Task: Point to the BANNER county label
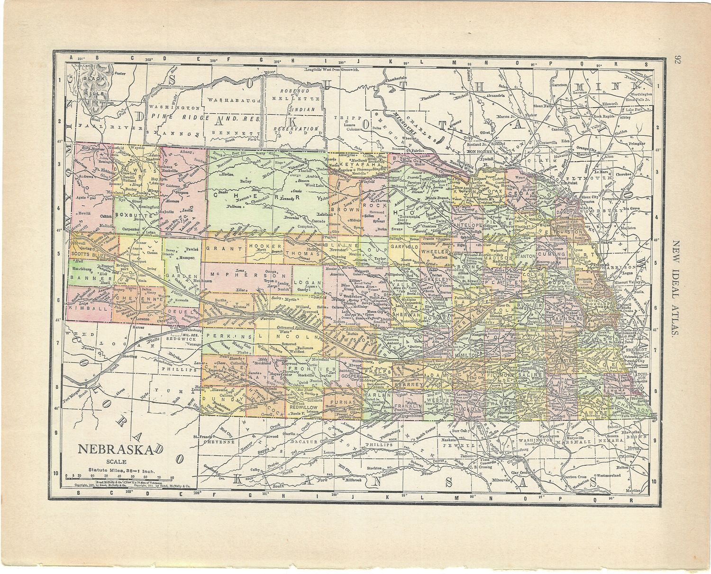(85, 278)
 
